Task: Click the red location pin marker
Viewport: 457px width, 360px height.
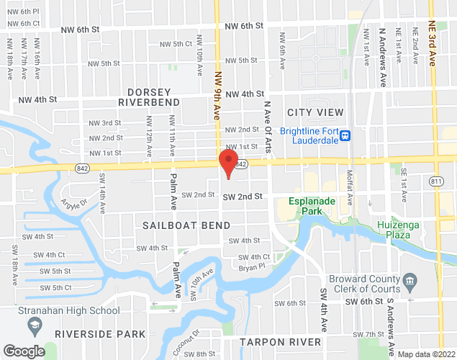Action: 228,163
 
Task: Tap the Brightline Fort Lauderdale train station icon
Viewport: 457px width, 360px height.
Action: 345,135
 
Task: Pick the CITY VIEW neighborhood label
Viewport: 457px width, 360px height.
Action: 315,112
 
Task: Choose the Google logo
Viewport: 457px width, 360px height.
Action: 24,351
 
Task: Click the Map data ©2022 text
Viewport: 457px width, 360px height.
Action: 427,354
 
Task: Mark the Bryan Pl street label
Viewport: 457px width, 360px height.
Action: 252,267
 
